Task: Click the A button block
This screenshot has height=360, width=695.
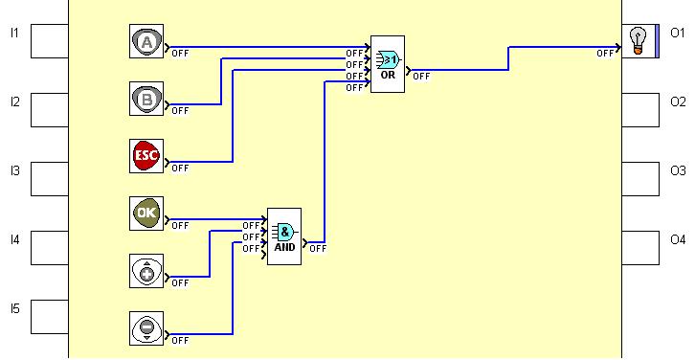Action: pyautogui.click(x=146, y=42)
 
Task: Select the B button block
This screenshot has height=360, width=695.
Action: pyautogui.click(x=146, y=99)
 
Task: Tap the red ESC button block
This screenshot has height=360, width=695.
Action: pyautogui.click(x=146, y=156)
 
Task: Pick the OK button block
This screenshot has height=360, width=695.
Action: pyautogui.click(x=146, y=214)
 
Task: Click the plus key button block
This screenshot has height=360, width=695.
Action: pyautogui.click(x=146, y=271)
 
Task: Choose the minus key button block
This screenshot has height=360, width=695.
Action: pyautogui.click(x=146, y=327)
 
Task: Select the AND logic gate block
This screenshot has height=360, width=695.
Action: pyautogui.click(x=284, y=236)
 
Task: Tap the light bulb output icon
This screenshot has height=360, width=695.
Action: pyautogui.click(x=637, y=40)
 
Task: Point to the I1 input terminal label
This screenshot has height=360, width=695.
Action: pyautogui.click(x=14, y=34)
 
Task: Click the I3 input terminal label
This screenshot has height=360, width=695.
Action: pyautogui.click(x=14, y=171)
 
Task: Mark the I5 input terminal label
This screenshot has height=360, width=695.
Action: pyautogui.click(x=14, y=308)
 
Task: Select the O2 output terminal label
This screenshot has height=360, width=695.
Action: pyautogui.click(x=678, y=101)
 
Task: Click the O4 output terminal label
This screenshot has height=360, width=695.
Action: pyautogui.click(x=678, y=238)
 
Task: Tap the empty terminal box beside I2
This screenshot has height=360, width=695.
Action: pyautogui.click(x=49, y=110)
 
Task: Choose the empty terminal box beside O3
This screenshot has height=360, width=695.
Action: pyautogui.click(x=640, y=179)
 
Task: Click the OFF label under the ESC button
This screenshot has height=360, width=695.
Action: pyautogui.click(x=180, y=169)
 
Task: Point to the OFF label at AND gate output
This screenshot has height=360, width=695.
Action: pyautogui.click(x=318, y=249)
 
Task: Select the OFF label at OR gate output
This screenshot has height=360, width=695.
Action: pyautogui.click(x=421, y=76)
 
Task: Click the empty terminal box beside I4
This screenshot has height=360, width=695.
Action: pyautogui.click(x=49, y=247)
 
